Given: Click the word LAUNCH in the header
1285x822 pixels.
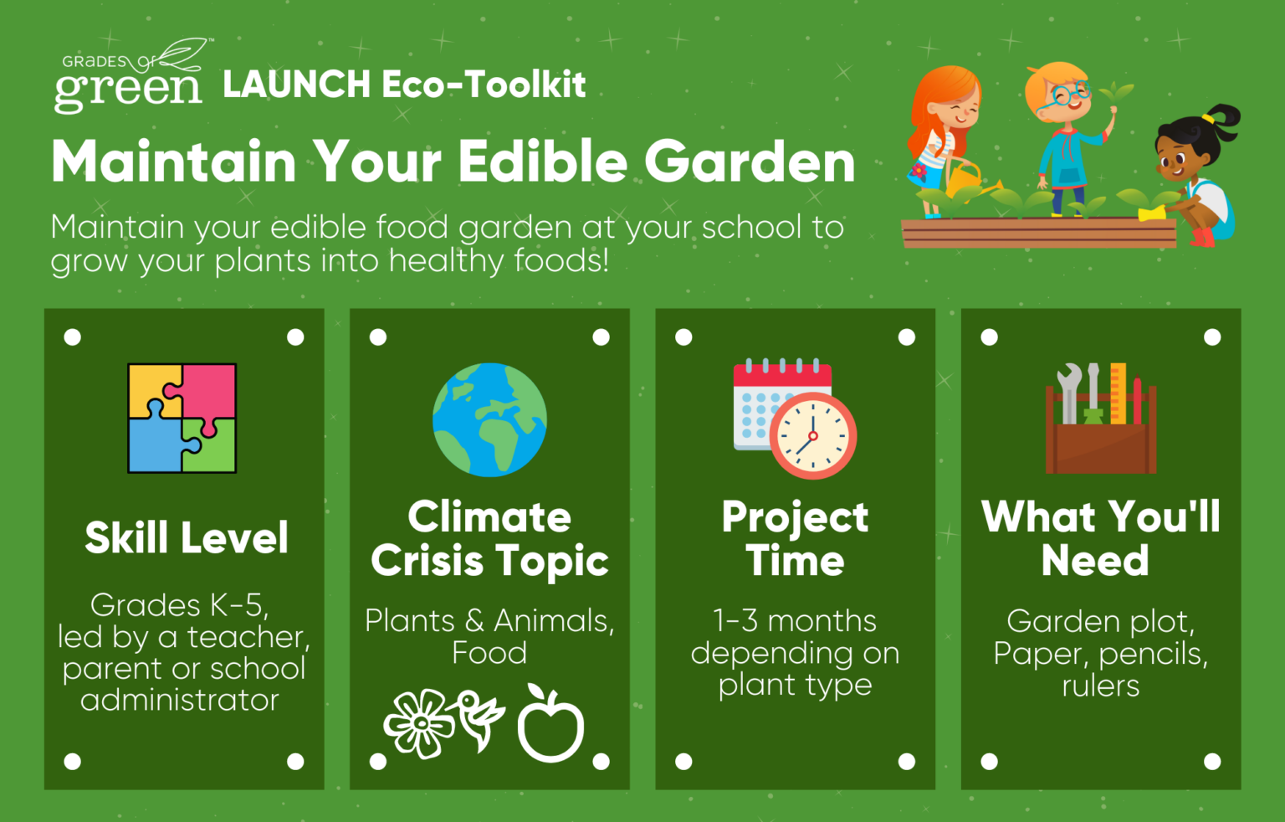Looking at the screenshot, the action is tap(297, 85).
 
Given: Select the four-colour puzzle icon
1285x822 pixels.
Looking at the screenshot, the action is tap(182, 418).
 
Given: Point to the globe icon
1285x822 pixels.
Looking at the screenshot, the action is tap(489, 419).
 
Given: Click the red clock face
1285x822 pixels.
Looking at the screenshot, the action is tap(813, 435).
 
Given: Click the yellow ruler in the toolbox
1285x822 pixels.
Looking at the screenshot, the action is tap(1118, 393).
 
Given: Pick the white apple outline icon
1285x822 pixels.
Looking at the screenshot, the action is tap(550, 723).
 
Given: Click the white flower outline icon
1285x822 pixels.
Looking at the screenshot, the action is tap(419, 724).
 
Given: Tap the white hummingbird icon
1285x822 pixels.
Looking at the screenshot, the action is tap(479, 719).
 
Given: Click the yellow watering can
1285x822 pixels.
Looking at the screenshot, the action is tap(970, 180).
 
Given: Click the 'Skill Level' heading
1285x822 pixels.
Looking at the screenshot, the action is tap(187, 538).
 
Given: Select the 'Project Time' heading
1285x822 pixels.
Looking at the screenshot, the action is tap(795, 538).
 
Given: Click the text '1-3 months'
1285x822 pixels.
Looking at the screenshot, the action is tap(795, 620).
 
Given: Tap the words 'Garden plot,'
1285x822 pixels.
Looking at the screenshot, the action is tap(1100, 622).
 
